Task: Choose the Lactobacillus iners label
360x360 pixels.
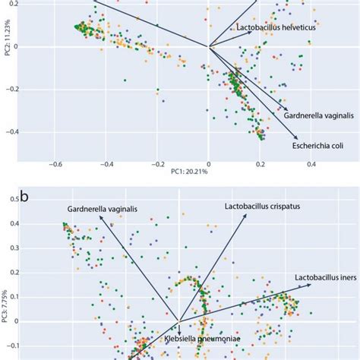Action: (322, 278)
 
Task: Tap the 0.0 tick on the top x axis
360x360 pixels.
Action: (209, 163)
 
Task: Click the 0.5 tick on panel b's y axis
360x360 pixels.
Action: (14, 199)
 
